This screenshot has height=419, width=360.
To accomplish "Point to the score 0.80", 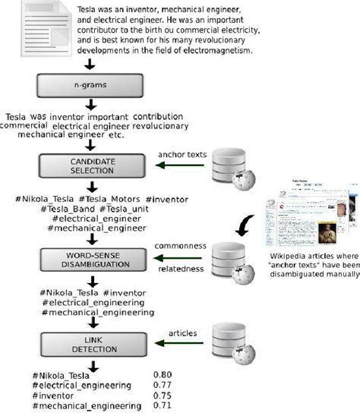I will pos(163,374).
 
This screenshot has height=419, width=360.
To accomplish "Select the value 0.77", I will pos(163,385).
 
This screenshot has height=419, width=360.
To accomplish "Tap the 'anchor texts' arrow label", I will pos(182,155).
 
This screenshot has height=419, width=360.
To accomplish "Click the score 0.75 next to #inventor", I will pos(163,395).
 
